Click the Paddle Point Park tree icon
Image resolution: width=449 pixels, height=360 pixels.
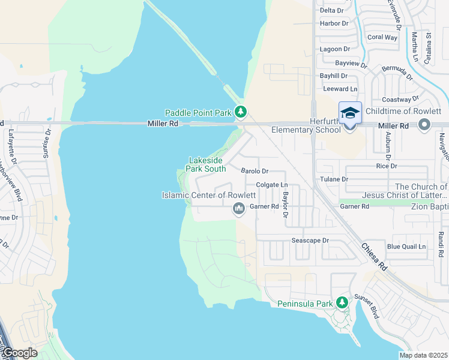pos(241,112)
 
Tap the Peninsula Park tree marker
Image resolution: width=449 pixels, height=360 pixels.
pos(342,302)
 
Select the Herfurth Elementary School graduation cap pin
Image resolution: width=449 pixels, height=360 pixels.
pos(350,113)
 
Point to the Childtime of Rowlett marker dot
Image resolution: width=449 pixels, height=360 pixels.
pos(425,125)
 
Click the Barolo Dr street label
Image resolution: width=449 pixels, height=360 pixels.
pos(255,171)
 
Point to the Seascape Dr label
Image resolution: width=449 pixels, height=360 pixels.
pos(310,240)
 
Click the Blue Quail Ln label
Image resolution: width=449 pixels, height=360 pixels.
pos(406,246)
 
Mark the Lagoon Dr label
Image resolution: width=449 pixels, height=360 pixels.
pos(335,49)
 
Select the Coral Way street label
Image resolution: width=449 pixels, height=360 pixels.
pos(382,37)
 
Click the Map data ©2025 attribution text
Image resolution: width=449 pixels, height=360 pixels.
pos(423,355)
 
